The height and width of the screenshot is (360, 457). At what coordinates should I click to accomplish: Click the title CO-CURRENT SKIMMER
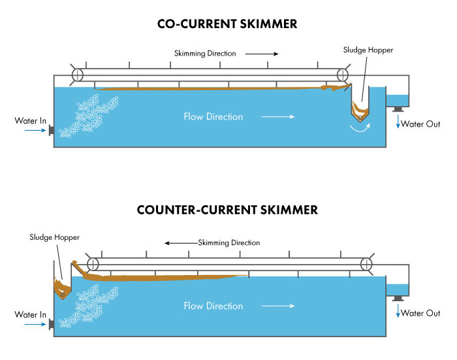[227, 24]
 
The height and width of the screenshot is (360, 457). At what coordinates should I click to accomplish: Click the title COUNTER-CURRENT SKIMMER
[227, 210]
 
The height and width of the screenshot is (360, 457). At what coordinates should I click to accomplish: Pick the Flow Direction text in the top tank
[213, 117]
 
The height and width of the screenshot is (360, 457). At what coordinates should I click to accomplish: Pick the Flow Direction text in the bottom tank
[213, 306]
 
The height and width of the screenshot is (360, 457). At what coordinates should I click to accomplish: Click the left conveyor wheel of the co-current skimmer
[77, 74]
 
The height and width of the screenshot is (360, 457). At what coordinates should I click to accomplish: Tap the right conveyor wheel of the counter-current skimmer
[366, 264]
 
